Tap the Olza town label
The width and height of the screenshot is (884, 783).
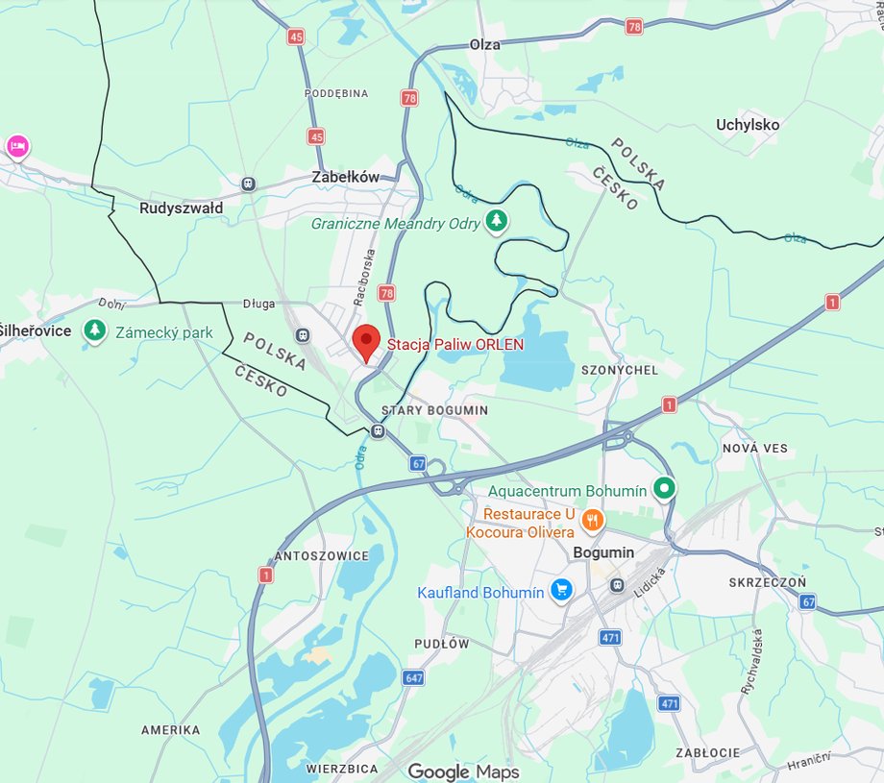(x=486, y=44)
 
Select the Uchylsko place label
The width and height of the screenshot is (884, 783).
(x=748, y=124)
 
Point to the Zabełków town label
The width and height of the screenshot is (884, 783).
(x=346, y=177)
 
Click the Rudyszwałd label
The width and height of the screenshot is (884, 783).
(x=181, y=208)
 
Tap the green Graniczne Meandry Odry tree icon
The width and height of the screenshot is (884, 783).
(x=496, y=222)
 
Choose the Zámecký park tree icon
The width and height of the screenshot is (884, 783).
(x=94, y=331)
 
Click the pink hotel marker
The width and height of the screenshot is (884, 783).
(x=16, y=147)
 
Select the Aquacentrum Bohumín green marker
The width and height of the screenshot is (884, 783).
(x=664, y=489)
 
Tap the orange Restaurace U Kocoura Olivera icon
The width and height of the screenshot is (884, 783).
(x=593, y=521)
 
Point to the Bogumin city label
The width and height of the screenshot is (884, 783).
(x=602, y=552)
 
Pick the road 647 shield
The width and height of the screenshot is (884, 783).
(x=414, y=678)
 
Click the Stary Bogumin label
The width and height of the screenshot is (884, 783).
(x=434, y=410)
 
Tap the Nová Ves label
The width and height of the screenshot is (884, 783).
(x=754, y=448)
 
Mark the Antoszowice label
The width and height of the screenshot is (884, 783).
(x=321, y=556)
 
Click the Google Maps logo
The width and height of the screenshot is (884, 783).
(x=463, y=771)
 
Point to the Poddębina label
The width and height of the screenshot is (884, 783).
(x=336, y=93)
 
